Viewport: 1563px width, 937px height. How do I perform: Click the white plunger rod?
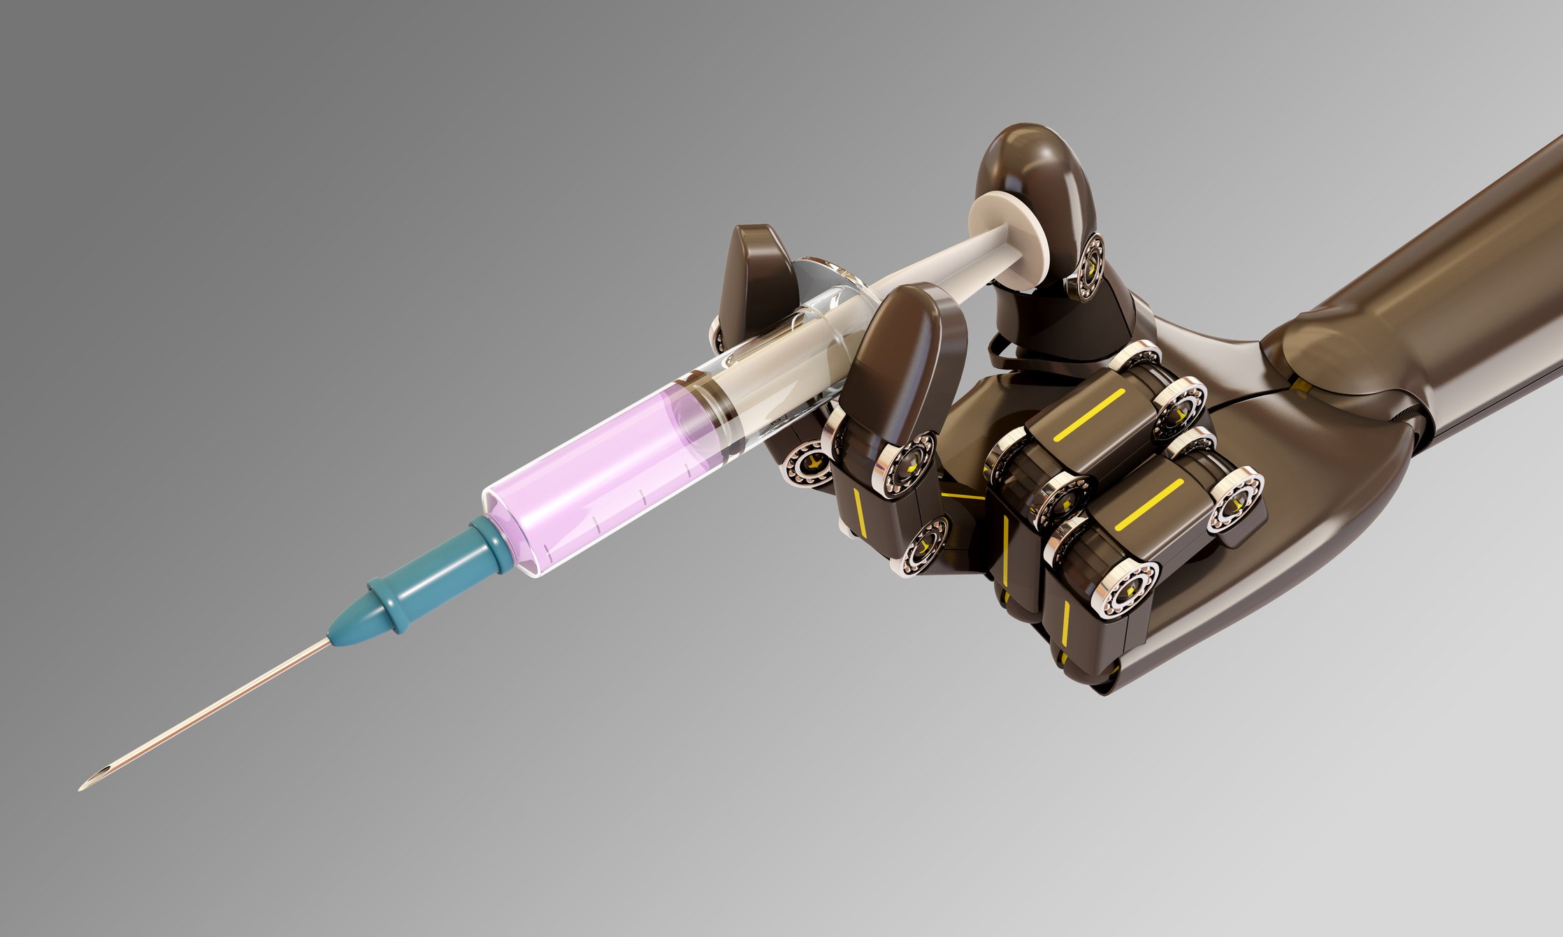pyautogui.click(x=937, y=266)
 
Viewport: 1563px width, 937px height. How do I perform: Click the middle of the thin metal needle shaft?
pyautogui.click(x=210, y=713)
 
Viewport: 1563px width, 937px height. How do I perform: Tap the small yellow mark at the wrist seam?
pyautogui.click(x=1299, y=384)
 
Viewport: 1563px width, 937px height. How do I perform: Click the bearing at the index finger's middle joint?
pyautogui.click(x=909, y=461)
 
